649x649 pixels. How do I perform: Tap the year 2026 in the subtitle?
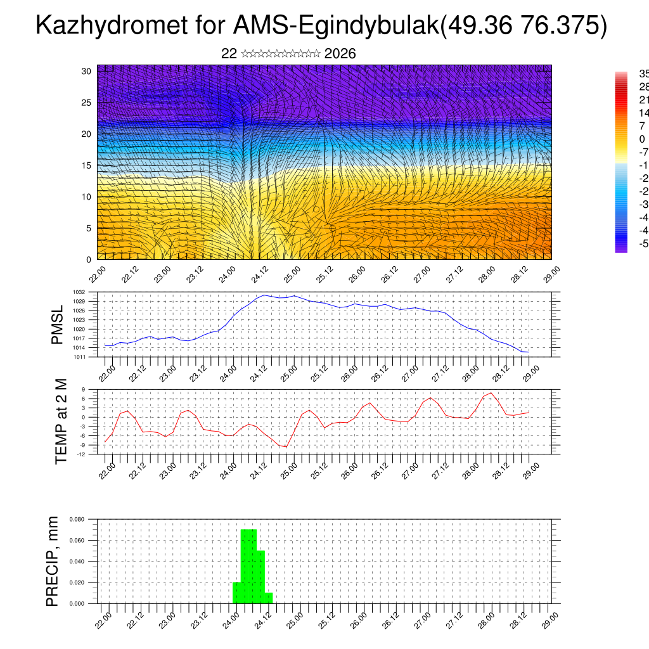[340, 54]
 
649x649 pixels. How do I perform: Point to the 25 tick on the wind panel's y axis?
[87, 102]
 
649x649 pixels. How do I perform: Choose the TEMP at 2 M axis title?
[61, 421]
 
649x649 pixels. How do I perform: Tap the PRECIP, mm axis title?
[53, 561]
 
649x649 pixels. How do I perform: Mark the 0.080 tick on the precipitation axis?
[77, 519]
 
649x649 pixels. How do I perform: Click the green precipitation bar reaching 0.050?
[260, 577]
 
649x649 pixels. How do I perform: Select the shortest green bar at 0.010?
[269, 598]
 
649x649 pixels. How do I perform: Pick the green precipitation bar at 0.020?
[237, 593]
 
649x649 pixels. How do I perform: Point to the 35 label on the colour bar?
[643, 74]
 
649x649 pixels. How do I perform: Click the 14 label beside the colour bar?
[643, 113]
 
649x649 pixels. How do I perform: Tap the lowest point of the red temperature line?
[285, 447]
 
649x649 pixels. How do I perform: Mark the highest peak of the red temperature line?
[491, 393]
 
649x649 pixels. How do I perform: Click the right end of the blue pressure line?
[529, 352]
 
